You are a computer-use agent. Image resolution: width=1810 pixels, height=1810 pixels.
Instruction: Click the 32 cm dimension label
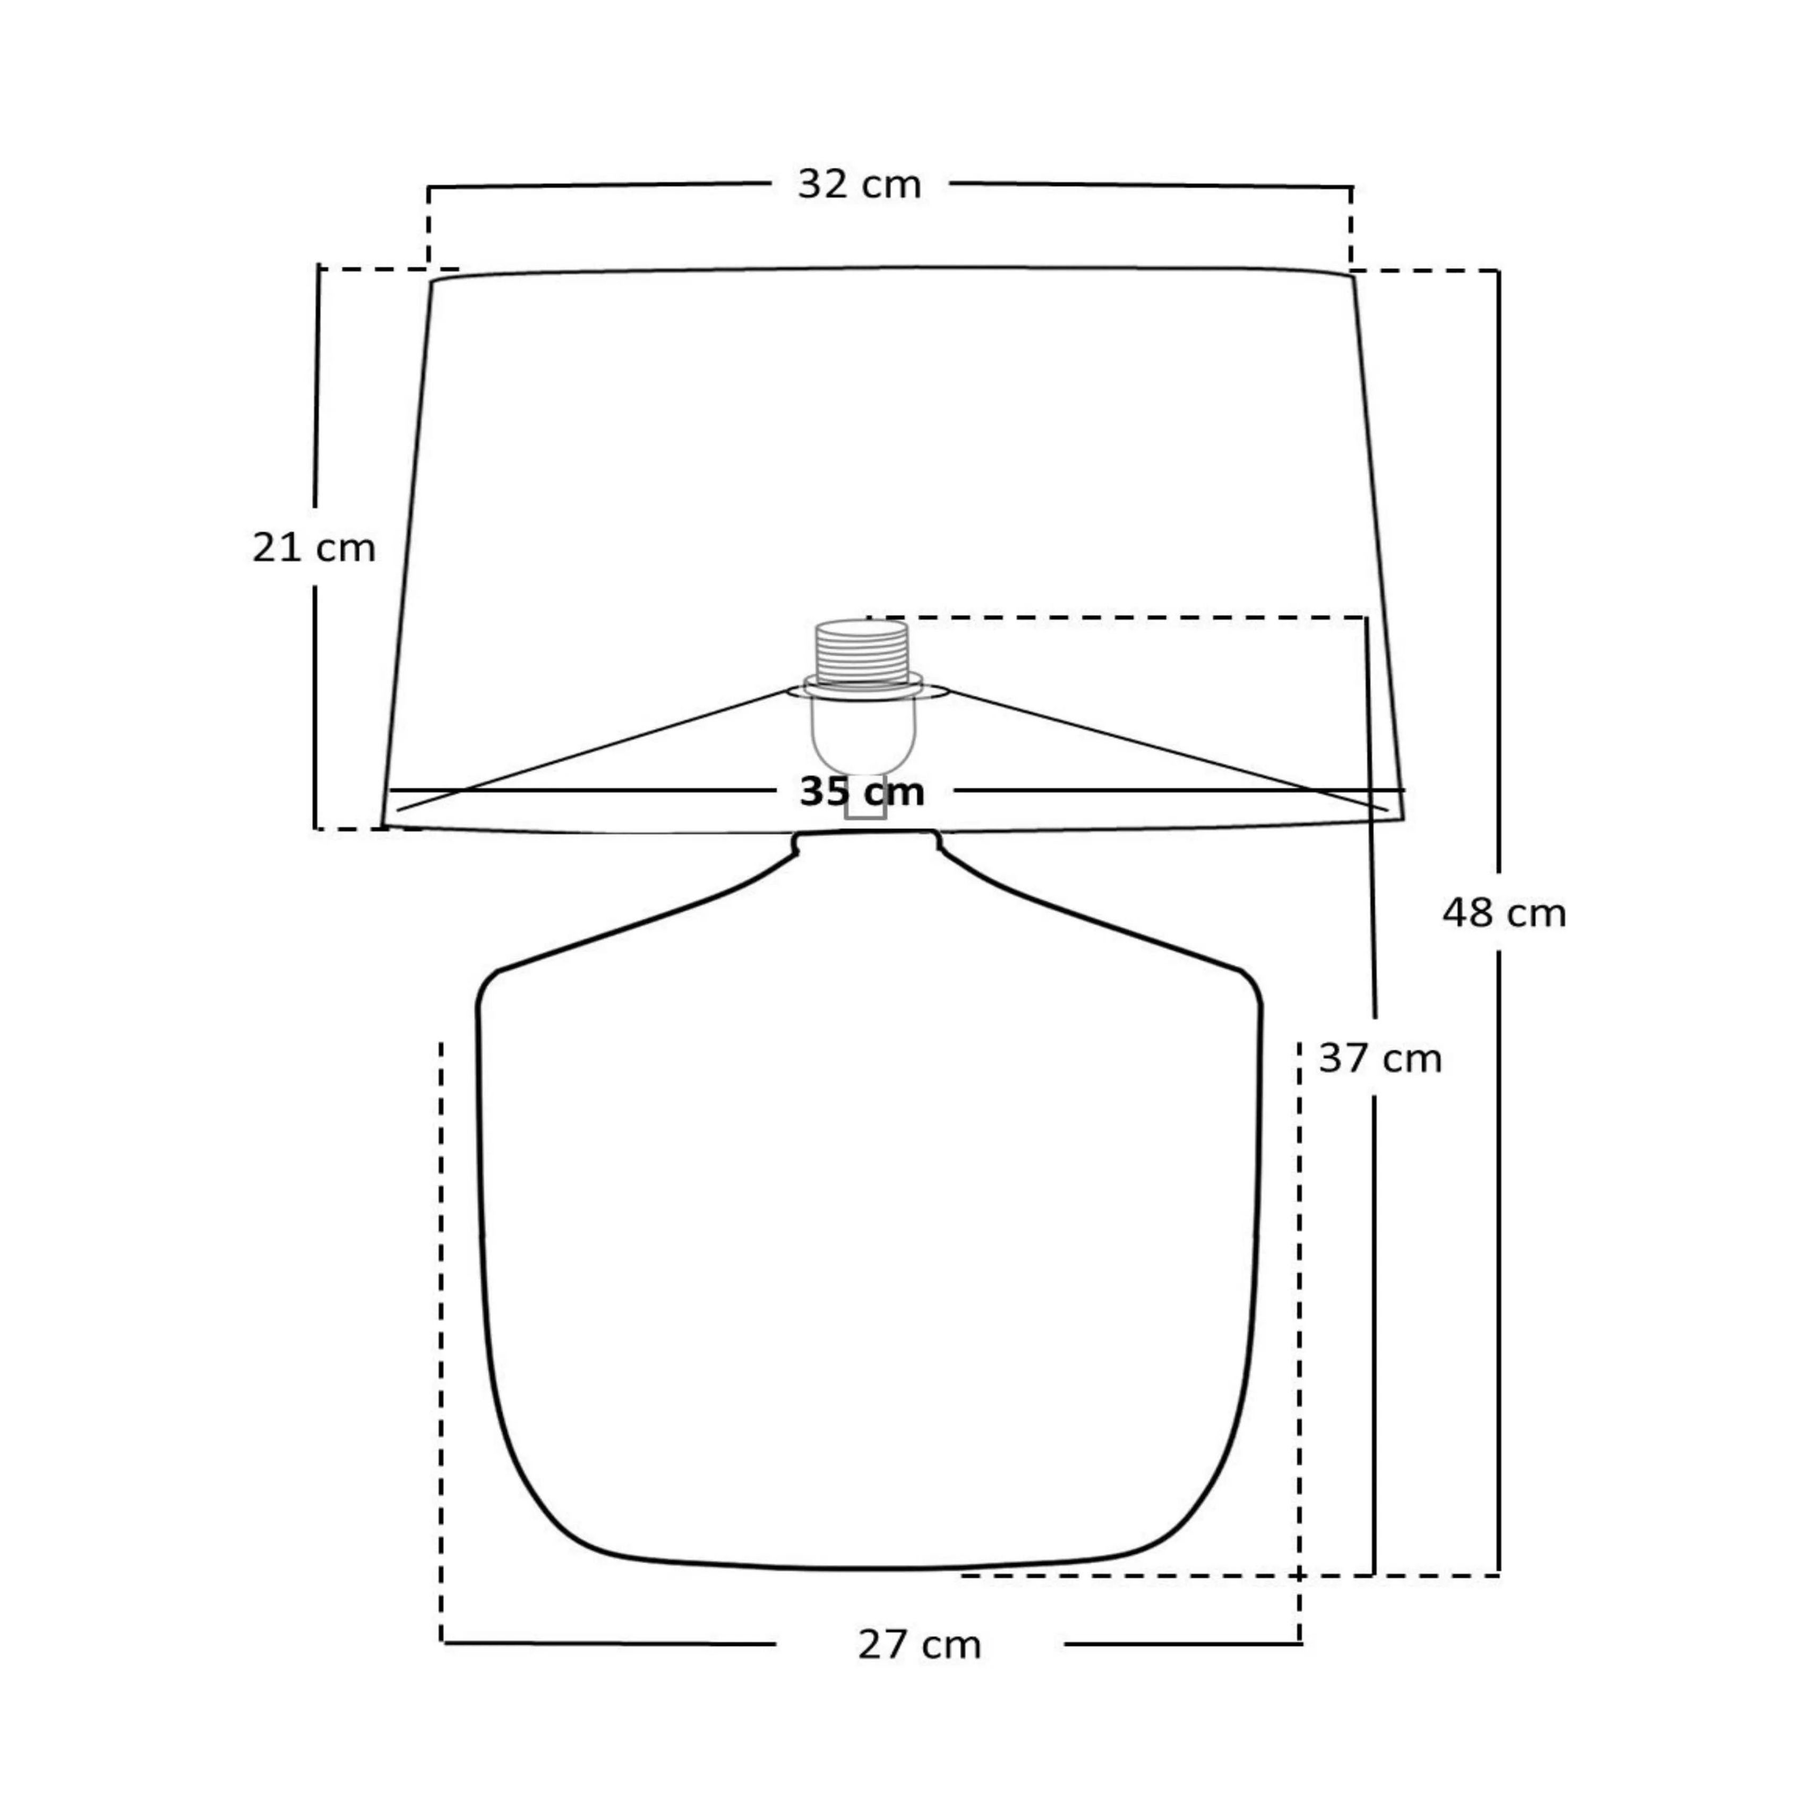coord(859,185)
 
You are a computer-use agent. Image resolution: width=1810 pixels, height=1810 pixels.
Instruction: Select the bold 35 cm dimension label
coord(862,792)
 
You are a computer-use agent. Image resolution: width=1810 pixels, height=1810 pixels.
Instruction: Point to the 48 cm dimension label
coord(1504,913)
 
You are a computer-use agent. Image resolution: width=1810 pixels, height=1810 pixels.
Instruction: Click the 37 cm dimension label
coord(1380,1059)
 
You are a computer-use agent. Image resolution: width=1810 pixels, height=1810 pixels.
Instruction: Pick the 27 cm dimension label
coord(919,1645)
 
